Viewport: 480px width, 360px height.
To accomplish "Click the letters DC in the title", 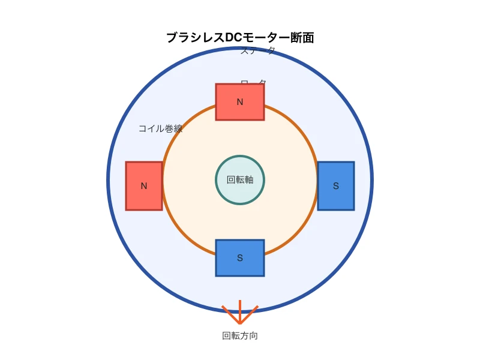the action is click(x=233, y=38).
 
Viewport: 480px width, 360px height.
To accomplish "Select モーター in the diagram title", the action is click(x=263, y=38).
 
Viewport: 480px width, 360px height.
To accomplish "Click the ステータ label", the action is click(x=258, y=51).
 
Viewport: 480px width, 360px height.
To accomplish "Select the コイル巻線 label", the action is click(x=160, y=128).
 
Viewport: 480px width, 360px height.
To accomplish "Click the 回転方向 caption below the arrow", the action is click(x=240, y=336).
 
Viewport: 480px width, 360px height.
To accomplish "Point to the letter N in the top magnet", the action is click(x=240, y=102).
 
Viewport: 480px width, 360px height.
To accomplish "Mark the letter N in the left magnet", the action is click(x=144, y=186).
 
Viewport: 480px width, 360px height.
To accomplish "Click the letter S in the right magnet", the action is click(x=336, y=186).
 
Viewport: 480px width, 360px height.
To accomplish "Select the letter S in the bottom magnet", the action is click(x=240, y=258).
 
